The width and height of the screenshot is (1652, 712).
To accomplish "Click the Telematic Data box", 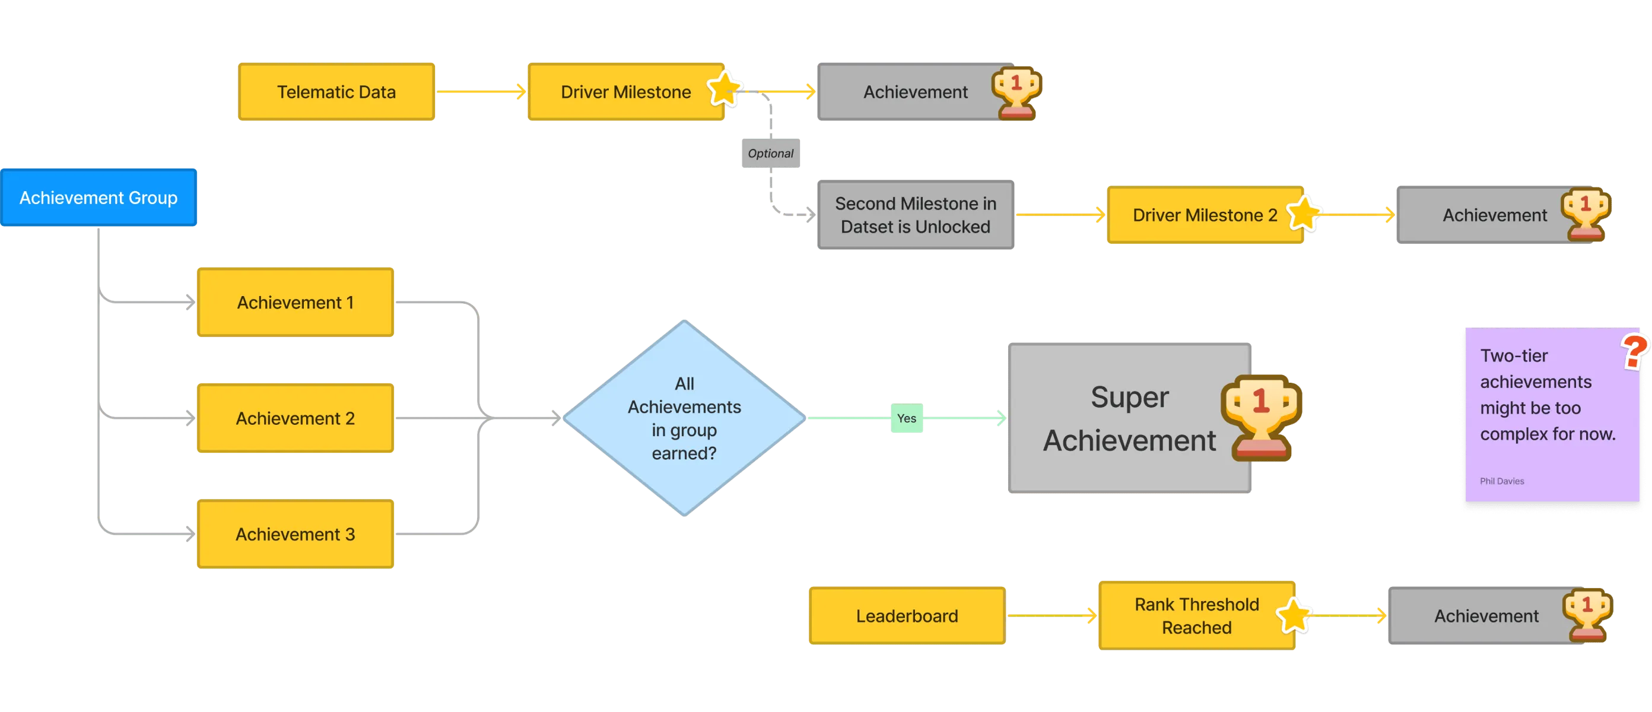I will [336, 93].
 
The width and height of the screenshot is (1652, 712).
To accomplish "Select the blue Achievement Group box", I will [99, 198].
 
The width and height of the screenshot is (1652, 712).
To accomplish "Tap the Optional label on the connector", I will [770, 154].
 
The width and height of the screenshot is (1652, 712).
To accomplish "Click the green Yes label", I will [906, 418].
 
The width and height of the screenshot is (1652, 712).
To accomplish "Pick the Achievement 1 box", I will [296, 303].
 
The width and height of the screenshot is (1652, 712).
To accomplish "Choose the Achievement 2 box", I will [296, 418].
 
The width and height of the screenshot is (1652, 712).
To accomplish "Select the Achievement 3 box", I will [296, 535].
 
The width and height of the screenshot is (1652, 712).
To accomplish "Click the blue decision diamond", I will [684, 418].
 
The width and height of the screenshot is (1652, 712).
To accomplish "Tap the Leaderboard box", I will [906, 616].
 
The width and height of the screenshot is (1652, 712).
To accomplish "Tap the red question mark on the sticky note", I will [1635, 351].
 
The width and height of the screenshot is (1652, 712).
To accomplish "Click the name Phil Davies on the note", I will [1502, 481].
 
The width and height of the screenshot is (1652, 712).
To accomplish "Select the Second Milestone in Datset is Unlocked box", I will [915, 215].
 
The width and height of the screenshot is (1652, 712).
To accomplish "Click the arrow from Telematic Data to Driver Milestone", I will [481, 93].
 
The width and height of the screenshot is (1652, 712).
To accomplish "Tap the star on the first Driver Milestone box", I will [725, 88].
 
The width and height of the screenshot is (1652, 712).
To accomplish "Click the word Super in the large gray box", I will [1129, 397].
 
